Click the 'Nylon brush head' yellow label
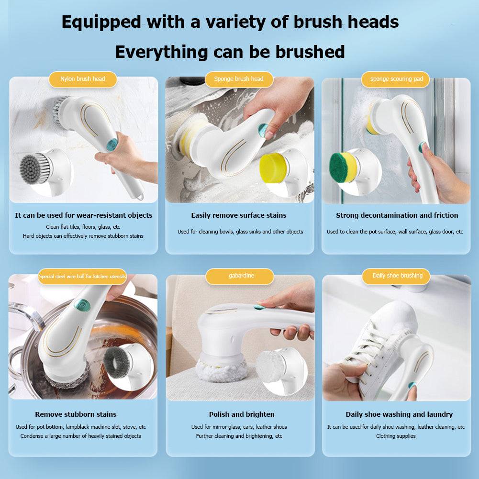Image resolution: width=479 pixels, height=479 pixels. point(83,79)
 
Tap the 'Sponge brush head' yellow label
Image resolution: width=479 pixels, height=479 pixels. point(239,79)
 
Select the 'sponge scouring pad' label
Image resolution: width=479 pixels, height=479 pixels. point(396,79)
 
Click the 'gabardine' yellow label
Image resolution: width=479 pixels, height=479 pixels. point(240,276)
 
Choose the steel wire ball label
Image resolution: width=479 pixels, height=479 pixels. point(82,277)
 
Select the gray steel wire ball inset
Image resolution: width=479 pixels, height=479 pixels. point(117,363)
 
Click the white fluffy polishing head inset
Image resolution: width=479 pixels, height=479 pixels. point(271,366)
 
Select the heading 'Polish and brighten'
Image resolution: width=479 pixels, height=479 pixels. point(242,414)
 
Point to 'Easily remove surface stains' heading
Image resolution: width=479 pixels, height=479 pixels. point(239,215)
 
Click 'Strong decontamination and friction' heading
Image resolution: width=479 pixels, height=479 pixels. point(397,215)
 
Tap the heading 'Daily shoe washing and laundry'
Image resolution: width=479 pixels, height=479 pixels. point(399,414)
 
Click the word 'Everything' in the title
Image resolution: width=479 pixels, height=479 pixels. point(162,52)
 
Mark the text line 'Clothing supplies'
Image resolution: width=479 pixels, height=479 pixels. point(396,436)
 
